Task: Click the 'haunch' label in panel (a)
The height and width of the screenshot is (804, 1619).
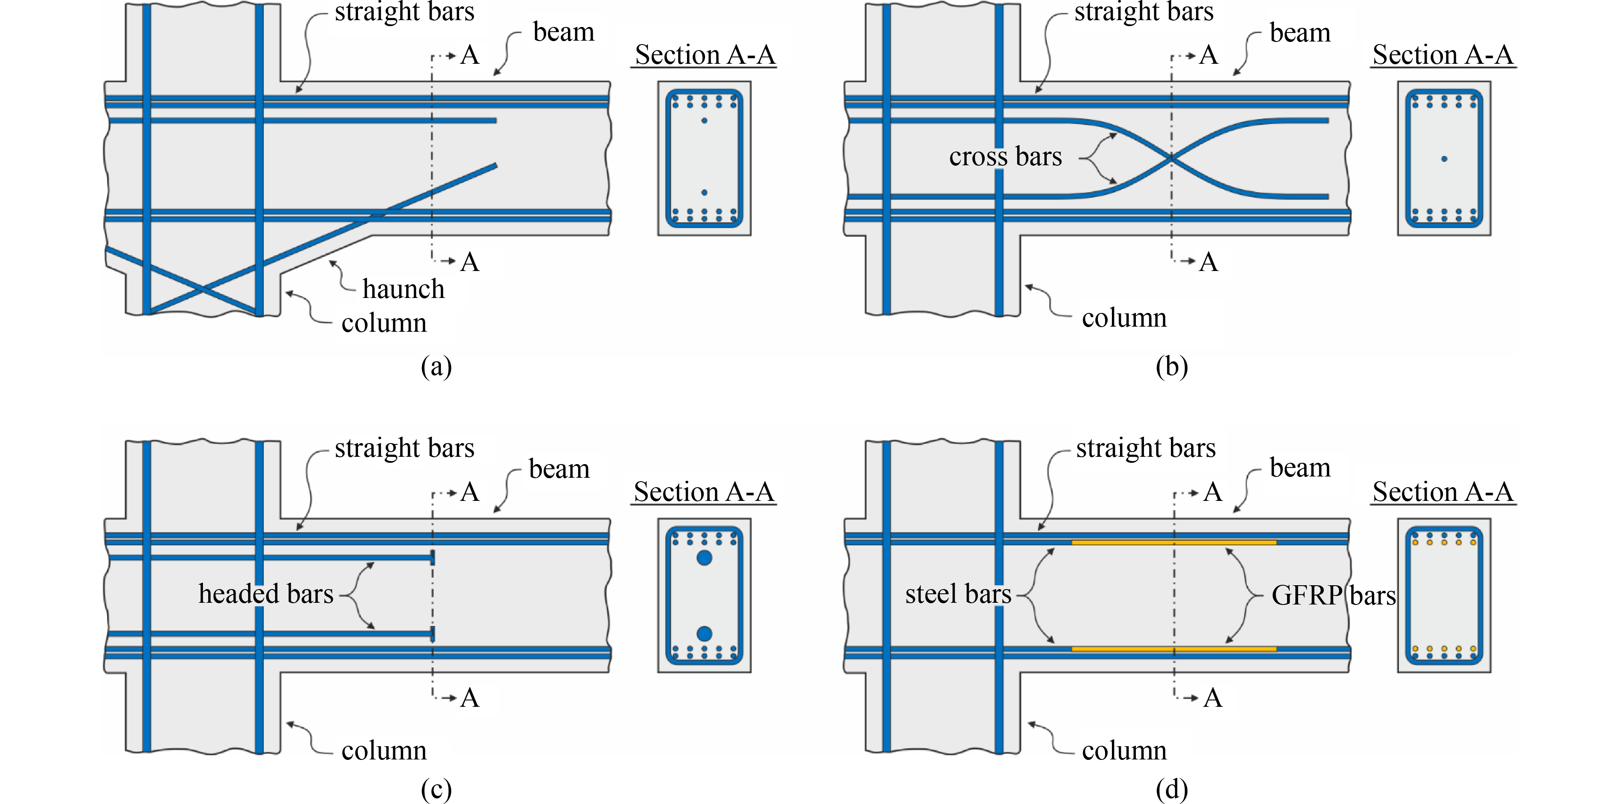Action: click(x=403, y=289)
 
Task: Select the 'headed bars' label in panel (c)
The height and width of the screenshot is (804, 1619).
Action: click(x=266, y=593)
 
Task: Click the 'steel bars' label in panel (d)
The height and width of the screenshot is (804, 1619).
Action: click(x=958, y=593)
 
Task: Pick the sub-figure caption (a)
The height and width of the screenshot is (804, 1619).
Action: click(x=436, y=366)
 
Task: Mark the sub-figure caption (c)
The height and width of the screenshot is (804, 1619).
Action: click(x=436, y=789)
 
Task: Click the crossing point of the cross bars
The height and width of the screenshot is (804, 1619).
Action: click(x=1171, y=158)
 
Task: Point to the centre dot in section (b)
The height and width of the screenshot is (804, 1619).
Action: click(x=1444, y=159)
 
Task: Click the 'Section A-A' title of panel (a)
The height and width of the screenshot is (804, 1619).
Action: click(x=705, y=55)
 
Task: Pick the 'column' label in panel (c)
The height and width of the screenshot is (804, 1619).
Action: click(x=384, y=750)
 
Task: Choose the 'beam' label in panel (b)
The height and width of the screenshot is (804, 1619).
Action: click(x=1300, y=33)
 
